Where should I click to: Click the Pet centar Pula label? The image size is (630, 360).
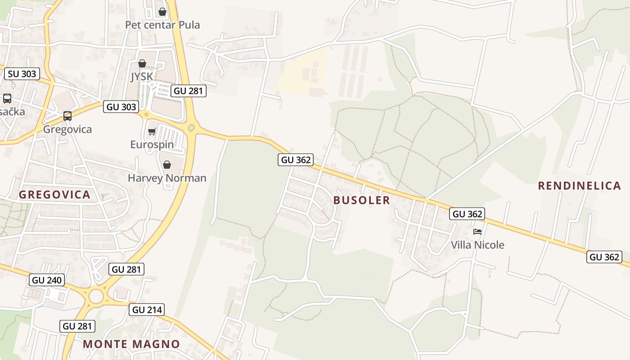coord(162,25)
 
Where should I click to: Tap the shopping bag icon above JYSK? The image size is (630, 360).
coord(142,63)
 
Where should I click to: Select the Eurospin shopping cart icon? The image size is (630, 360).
coord(152,131)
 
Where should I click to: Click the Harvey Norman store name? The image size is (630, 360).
coord(167,178)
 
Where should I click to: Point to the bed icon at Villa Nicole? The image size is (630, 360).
coord(477,232)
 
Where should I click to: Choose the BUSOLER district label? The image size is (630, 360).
coord(362,200)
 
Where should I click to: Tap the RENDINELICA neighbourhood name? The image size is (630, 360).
coord(579,185)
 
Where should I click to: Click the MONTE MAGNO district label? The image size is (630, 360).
coord(131,344)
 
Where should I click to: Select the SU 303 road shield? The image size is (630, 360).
coord(22,74)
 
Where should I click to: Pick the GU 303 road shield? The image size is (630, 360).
coord(121,107)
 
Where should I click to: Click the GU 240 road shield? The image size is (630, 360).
coord(47,280)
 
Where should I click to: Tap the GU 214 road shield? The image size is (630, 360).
coord(147,310)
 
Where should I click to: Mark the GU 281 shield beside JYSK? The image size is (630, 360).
coord(189,91)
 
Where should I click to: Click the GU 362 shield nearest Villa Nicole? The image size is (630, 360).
coord(467,214)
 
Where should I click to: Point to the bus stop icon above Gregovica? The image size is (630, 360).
coord(67,116)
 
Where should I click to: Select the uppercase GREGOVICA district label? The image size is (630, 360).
coord(54,195)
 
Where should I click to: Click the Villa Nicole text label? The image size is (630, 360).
coord(477,245)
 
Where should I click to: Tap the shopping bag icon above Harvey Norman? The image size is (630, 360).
coord(167,165)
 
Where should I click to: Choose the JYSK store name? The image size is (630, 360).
coord(142,76)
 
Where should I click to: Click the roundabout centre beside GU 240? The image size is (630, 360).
coord(96,296)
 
